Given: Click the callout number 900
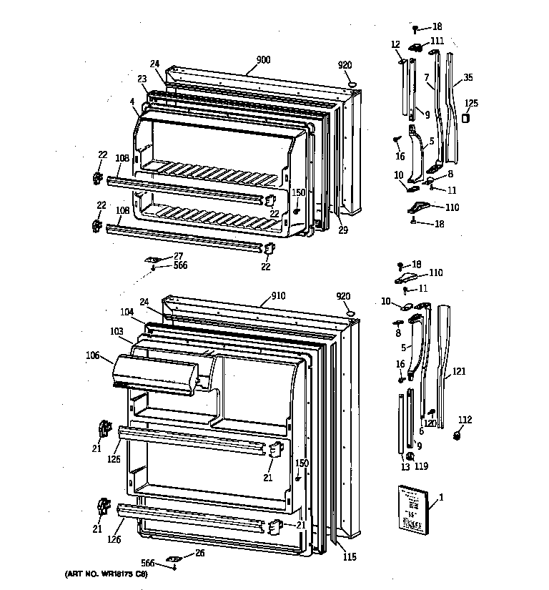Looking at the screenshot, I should (x=264, y=60).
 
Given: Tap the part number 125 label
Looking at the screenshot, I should (x=471, y=103).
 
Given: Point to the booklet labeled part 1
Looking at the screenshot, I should (x=409, y=508).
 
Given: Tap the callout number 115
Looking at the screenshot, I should (x=349, y=558).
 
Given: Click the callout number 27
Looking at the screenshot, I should (x=178, y=255).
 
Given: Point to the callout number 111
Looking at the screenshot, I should (x=437, y=41).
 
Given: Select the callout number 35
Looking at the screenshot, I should (x=468, y=77).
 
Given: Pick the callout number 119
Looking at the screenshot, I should (x=421, y=467).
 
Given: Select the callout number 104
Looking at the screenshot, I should (x=127, y=313).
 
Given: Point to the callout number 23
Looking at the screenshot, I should (x=142, y=79).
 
